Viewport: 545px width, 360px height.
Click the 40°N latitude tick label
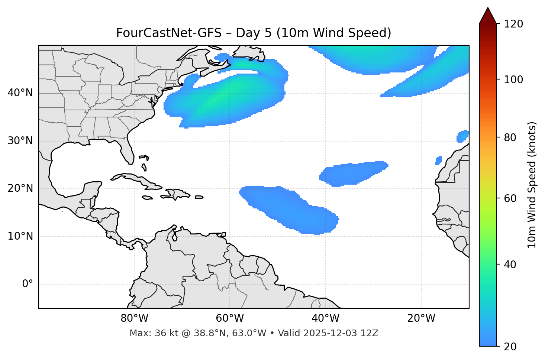pos(20,93)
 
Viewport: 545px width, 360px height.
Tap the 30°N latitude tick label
pos(20,141)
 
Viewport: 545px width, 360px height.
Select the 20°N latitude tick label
pos(20,188)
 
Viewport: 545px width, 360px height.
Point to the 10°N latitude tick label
pos(20,236)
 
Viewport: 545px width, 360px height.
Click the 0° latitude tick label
pos(28,284)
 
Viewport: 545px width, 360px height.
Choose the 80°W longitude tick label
pos(134,318)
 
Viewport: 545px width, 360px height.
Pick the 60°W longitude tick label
pos(230,318)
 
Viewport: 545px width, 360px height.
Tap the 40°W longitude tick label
pos(325,318)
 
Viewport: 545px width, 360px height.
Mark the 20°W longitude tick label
pos(421,318)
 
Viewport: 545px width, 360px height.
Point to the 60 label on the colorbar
pos(509,198)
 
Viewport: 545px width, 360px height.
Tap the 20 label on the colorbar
pos(509,347)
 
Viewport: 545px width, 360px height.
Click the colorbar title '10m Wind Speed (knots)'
pos(532,185)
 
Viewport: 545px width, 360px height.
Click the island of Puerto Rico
pos(199,197)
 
